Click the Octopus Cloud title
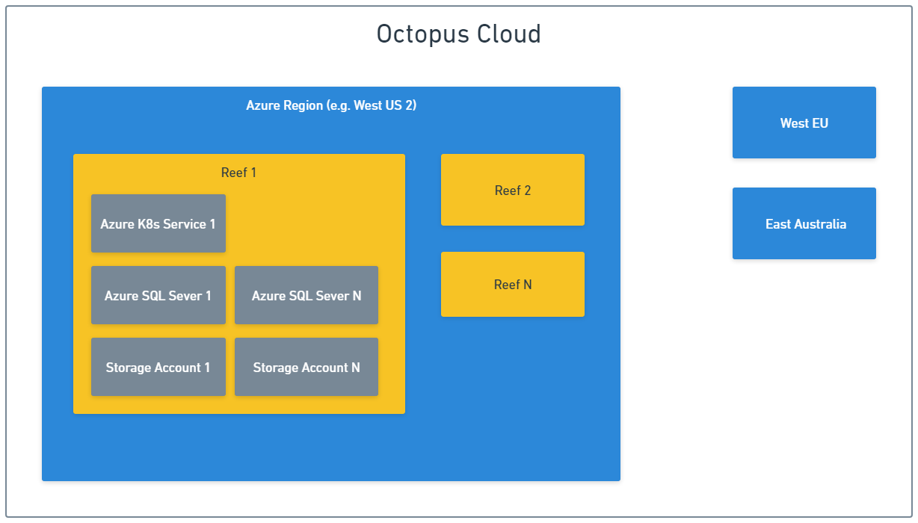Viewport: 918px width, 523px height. pos(458,34)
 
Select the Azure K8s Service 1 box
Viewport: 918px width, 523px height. pos(158,223)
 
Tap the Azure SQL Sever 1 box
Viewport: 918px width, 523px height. pos(158,295)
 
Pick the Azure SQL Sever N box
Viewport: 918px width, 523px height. pos(306,295)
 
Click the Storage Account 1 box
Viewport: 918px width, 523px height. pos(158,367)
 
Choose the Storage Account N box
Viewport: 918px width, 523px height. pos(306,367)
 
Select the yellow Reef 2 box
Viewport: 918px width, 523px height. pos(512,190)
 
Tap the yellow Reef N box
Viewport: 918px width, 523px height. pos(512,284)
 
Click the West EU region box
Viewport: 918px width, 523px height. pos(804,123)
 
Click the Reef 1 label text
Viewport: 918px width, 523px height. pos(238,173)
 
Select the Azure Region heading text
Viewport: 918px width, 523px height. pos(331,105)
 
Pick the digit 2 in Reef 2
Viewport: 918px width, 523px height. pos(527,191)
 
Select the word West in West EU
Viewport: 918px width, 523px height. pos(794,123)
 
